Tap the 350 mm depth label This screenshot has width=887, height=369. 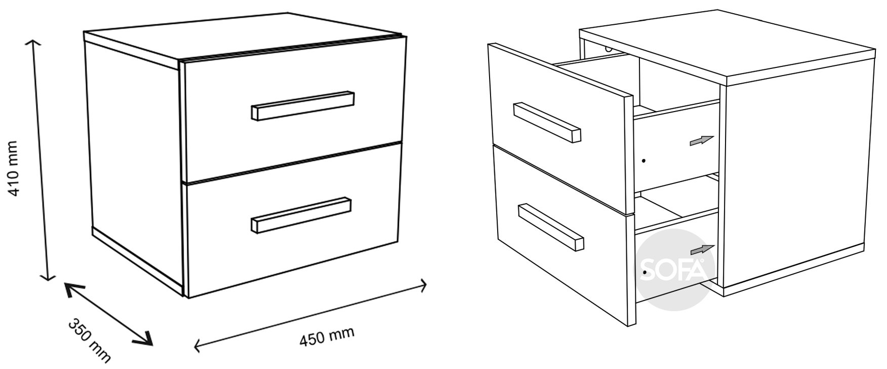coord(89,341)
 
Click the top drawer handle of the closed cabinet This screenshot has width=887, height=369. coord(302,105)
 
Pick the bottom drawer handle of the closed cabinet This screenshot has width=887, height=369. coord(301,215)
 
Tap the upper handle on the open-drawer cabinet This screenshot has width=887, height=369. coord(547,122)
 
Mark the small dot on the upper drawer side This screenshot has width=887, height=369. coord(643,161)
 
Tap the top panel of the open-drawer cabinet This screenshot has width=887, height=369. coord(728,48)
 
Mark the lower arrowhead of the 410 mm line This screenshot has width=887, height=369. coord(49,275)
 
